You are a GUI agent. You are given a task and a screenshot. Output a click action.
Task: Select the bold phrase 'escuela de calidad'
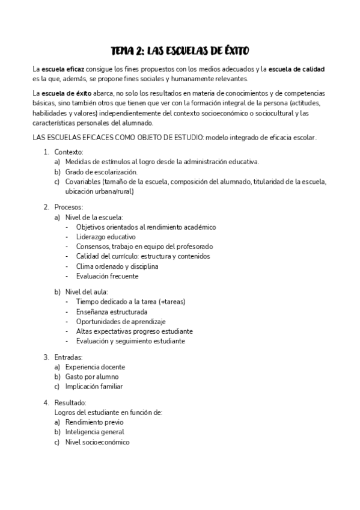[x=297, y=69]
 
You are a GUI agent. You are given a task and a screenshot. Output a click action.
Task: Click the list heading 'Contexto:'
[x=69, y=152]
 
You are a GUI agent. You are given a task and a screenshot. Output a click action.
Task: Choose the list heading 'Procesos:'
[x=69, y=207]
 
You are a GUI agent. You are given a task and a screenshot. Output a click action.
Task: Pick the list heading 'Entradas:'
[x=69, y=357]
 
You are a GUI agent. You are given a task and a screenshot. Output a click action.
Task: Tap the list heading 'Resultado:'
[x=70, y=402]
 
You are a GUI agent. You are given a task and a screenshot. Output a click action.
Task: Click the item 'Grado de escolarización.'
[x=93, y=172]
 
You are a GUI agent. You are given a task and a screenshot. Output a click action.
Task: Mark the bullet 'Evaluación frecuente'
[x=108, y=276]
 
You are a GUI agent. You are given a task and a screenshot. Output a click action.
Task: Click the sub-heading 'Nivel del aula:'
[x=87, y=292]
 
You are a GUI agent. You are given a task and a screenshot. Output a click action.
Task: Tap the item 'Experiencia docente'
[x=95, y=367]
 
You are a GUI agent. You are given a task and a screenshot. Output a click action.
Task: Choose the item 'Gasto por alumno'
[x=91, y=376]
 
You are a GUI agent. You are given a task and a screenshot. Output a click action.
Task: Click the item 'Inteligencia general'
[x=95, y=432]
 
